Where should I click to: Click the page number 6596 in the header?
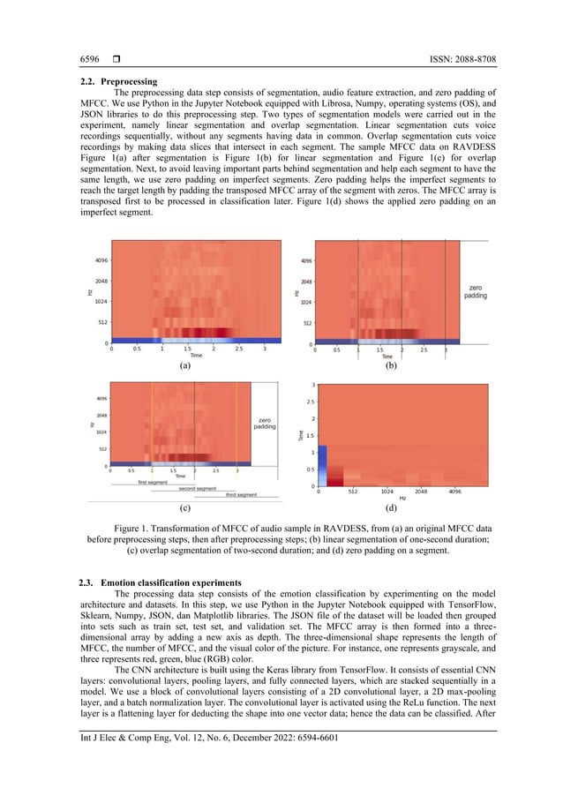pos(88,59)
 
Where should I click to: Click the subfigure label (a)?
pos(185,364)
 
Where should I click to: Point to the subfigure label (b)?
pos(390,364)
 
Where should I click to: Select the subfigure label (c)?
pos(185,509)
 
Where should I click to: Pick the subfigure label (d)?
pos(391,509)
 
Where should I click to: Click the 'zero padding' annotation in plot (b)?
pos(475,292)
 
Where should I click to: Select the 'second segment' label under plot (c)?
pos(197,488)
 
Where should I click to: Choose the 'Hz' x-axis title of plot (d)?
pos(402,499)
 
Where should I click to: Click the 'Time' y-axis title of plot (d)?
pos(303,436)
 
